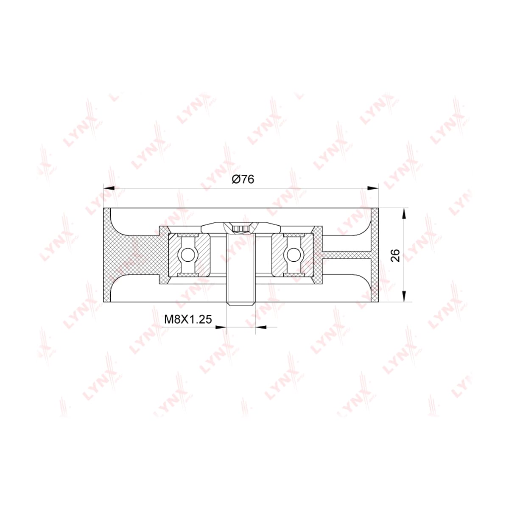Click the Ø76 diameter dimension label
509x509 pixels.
243,179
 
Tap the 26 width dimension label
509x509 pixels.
395,255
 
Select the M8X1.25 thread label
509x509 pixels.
188,319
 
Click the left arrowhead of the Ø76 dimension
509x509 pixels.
109,188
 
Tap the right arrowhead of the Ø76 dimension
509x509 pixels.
373,188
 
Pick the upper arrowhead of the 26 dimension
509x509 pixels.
404,214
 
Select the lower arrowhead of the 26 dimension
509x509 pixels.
404,296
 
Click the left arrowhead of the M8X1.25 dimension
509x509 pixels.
221,327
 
